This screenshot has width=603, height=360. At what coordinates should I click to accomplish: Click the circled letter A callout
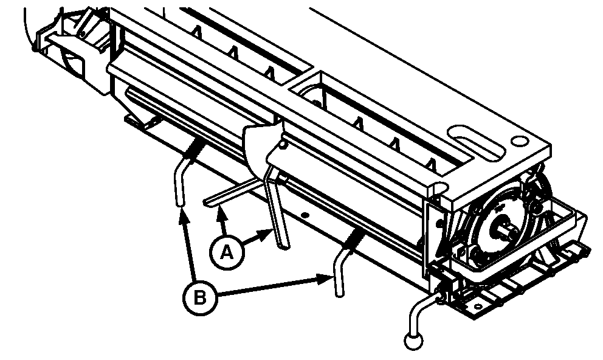[227, 253]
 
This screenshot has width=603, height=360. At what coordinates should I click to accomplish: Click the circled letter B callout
[199, 299]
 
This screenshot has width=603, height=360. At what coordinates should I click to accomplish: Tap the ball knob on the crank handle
[413, 341]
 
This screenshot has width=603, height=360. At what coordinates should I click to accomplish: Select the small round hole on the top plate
[519, 142]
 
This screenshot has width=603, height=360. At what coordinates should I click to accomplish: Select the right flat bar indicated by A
[278, 208]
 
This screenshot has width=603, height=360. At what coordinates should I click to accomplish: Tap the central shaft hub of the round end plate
[506, 228]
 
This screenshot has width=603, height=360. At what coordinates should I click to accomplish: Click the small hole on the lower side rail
[305, 215]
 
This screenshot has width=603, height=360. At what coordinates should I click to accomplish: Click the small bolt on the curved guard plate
[283, 145]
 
